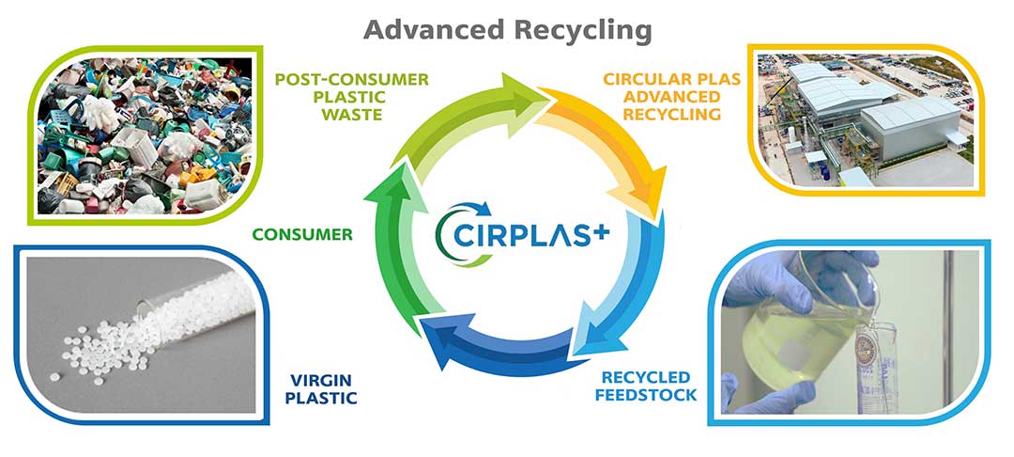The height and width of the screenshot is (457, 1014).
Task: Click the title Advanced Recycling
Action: click(x=507, y=29)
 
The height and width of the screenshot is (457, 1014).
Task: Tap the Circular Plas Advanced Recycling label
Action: click(x=664, y=97)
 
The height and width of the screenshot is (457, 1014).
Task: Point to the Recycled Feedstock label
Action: click(x=649, y=386)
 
